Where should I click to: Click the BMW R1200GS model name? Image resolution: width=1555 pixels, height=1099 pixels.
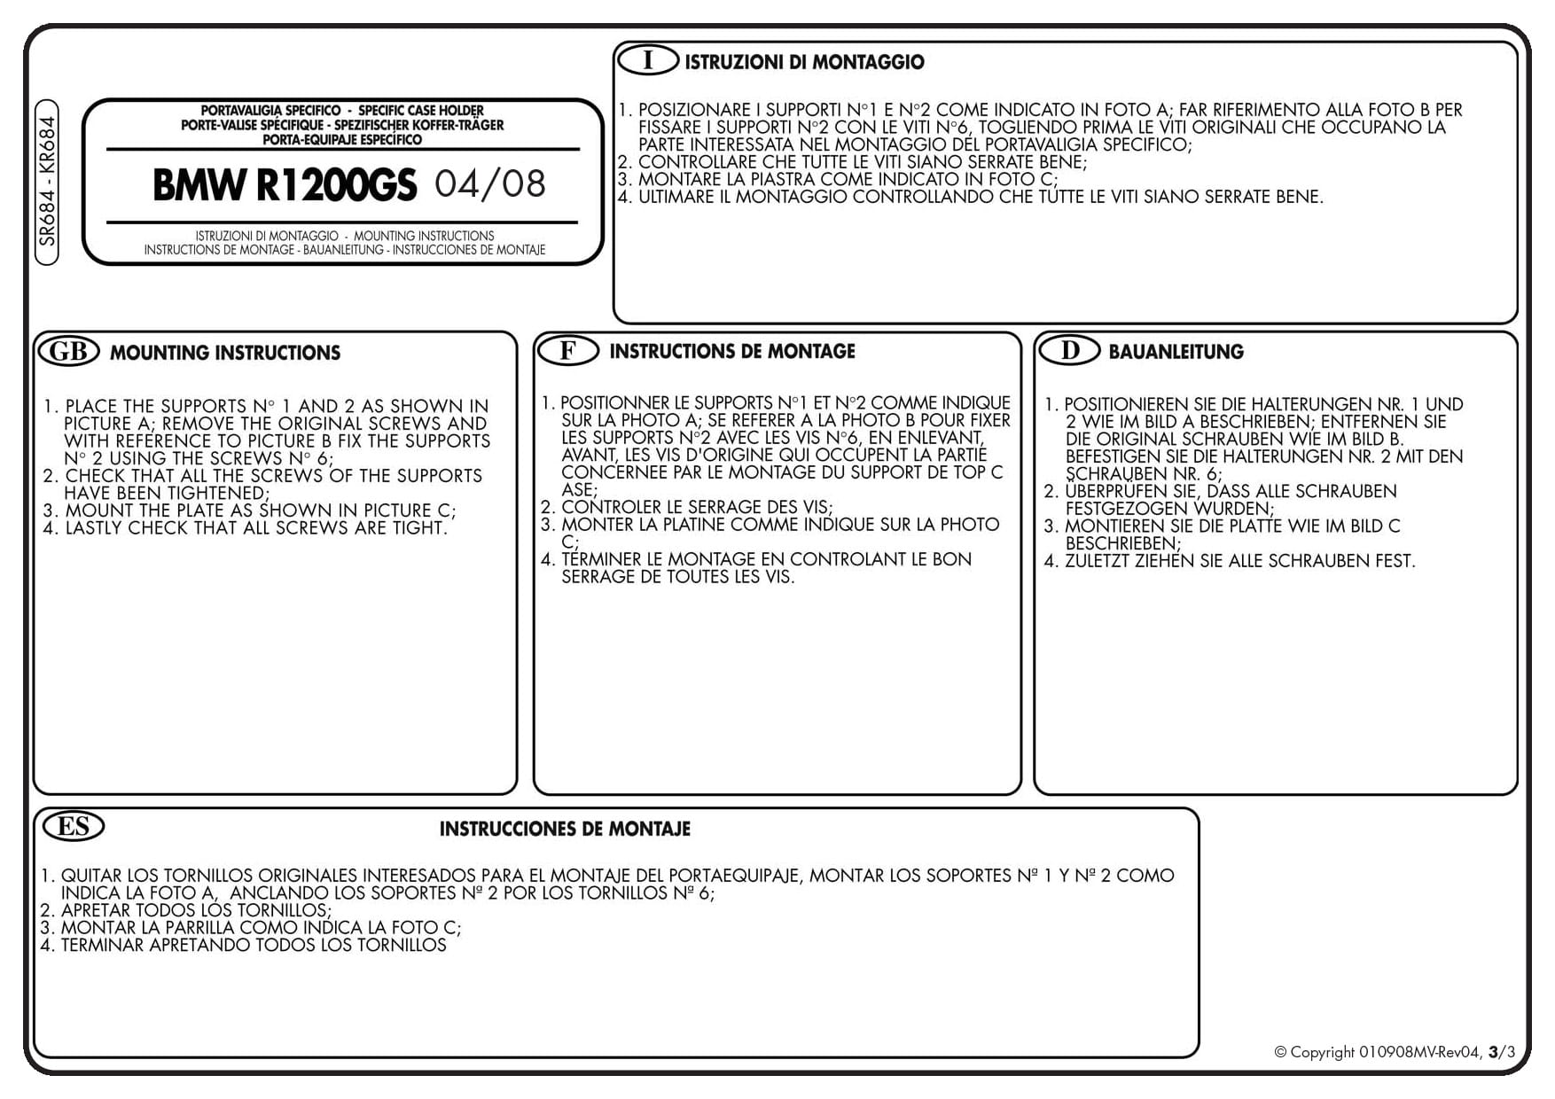tap(284, 184)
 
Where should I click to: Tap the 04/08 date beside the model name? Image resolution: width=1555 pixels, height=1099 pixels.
tap(490, 183)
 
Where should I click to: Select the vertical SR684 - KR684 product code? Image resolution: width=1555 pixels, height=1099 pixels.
tap(47, 182)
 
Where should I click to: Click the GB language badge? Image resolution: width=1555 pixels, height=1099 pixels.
tap(68, 351)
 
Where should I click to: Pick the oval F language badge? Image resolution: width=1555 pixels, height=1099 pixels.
tap(567, 350)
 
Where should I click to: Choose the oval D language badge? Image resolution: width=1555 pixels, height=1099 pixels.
tap(1069, 350)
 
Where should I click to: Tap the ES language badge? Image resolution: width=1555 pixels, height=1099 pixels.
tap(74, 826)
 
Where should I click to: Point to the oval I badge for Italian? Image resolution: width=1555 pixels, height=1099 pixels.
tap(647, 60)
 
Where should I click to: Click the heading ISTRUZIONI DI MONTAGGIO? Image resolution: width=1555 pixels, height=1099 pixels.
tap(804, 62)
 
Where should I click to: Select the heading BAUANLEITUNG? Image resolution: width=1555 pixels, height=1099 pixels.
tap(1176, 352)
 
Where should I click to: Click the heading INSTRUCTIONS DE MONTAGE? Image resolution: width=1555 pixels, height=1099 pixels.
tap(732, 351)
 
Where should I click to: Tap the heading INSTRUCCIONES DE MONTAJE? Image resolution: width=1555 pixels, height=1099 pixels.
tap(565, 830)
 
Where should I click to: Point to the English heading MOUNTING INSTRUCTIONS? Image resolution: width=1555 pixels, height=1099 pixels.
tap(225, 353)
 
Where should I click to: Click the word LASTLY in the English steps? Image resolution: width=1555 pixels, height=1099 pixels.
tap(94, 528)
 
